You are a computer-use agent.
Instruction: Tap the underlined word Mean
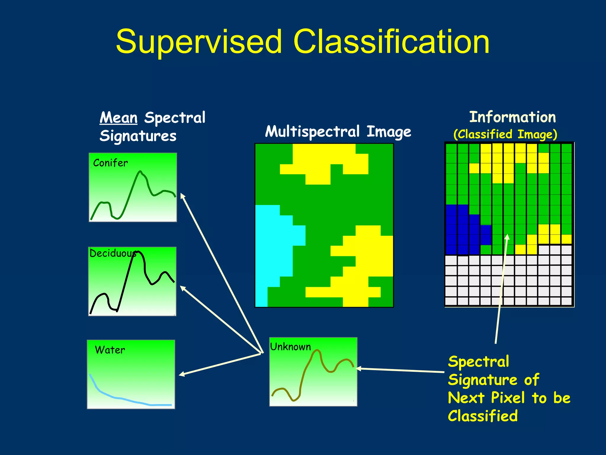119,118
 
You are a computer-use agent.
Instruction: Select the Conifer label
110,163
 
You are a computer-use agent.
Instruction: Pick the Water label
110,350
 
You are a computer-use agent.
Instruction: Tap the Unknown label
290,347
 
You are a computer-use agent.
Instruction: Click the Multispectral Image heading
338,132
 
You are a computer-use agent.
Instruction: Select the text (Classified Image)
505,134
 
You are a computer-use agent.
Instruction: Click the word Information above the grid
512,117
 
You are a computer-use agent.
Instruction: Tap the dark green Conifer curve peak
140,172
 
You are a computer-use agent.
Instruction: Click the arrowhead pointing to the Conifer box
183,196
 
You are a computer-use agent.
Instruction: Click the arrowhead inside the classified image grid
507,237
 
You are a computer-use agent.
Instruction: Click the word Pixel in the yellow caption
508,398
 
